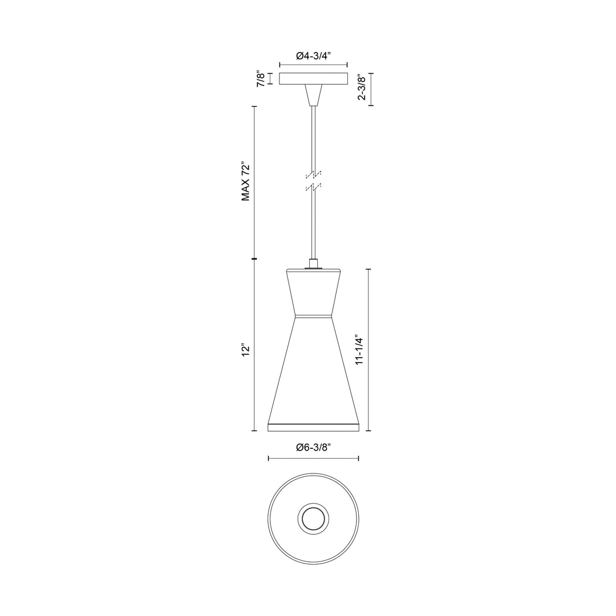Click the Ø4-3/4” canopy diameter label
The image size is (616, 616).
313,56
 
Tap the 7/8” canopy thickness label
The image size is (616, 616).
261,78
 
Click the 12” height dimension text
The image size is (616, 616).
246,350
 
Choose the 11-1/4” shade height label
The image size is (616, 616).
359,349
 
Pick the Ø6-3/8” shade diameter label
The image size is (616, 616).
313,448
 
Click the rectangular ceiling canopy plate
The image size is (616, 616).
313,79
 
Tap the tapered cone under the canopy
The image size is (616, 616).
313,95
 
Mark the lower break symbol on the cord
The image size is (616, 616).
313,187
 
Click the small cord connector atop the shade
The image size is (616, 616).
313,264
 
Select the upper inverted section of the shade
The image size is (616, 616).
313,292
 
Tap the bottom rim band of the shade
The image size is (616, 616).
313,427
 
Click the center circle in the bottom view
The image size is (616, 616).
313,519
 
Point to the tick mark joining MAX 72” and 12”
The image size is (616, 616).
254,259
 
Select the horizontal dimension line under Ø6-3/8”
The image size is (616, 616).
313,458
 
